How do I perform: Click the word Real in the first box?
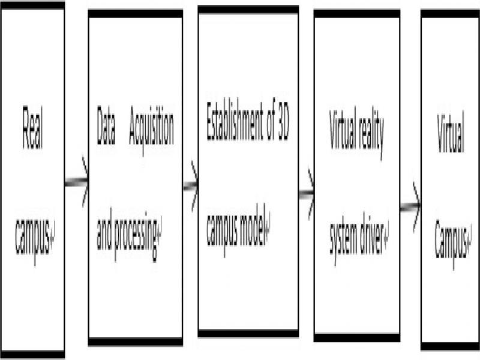(x=32, y=128)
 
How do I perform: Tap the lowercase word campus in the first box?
(x=32, y=236)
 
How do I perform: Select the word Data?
(x=106, y=125)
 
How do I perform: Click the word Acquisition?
(x=151, y=128)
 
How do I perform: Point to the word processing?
(x=136, y=235)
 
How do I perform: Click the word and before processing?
(x=104, y=229)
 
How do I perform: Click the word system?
(x=344, y=236)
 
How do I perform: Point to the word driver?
(x=373, y=233)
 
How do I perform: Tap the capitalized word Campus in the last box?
(x=451, y=241)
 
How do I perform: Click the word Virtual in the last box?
(x=451, y=132)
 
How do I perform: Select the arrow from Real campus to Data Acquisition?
(x=77, y=182)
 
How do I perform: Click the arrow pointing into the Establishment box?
(x=191, y=186)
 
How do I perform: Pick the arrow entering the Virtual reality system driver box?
(x=307, y=193)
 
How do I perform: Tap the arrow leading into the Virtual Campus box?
(x=410, y=207)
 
